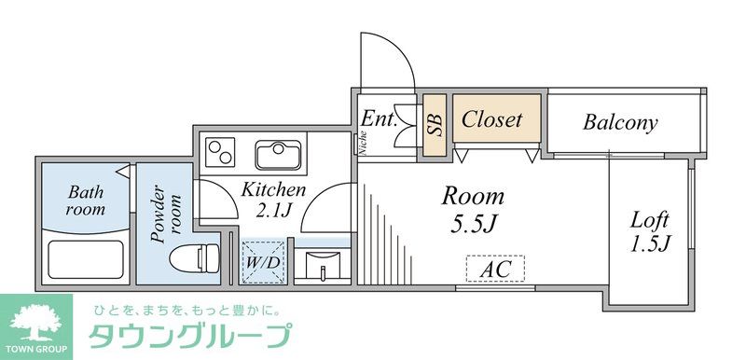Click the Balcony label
[621, 121]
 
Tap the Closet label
[491, 119]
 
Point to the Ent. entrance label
[380, 118]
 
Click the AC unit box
[495, 270]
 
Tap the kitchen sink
[278, 153]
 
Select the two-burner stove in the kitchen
[222, 152]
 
